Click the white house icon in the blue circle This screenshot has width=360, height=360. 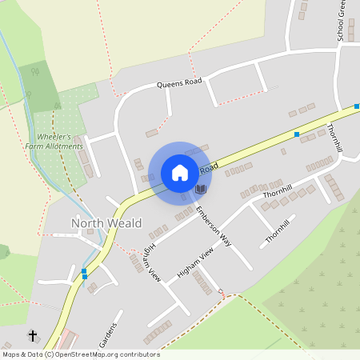pyautogui.click(x=180, y=173)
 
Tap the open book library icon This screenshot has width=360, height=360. pyautogui.click(x=201, y=189)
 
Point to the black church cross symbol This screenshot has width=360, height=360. pyautogui.click(x=33, y=336)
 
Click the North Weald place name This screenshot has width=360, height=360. pyautogui.click(x=106, y=223)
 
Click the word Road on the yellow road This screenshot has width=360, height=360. pyautogui.click(x=208, y=169)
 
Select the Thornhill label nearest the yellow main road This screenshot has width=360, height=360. pyautogui.click(x=336, y=136)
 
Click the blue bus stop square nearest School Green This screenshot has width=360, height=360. pyautogui.click(x=358, y=107)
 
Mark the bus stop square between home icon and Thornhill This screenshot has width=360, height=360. pyautogui.click(x=297, y=134)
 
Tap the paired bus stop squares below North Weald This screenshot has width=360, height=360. pyautogui.click(x=84, y=274)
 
